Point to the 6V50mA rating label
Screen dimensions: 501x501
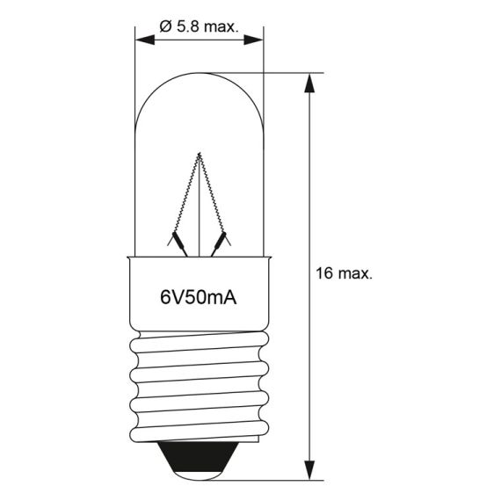click(200, 297)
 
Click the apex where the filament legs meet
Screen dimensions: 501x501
click(200, 156)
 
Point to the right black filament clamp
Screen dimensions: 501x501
click(223, 239)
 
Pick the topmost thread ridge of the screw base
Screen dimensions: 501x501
click(200, 336)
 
